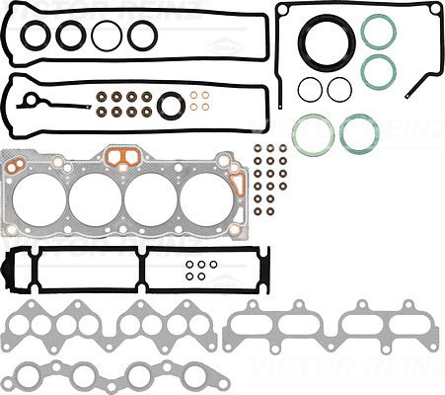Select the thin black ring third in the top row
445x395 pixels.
tap(107, 37)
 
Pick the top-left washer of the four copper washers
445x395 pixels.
tap(194, 97)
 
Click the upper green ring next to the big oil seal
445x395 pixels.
tap(378, 31)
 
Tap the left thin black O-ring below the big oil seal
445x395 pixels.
tap(310, 90)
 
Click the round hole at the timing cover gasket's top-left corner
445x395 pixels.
tap(282, 10)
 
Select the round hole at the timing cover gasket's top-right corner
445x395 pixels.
tap(433, 9)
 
